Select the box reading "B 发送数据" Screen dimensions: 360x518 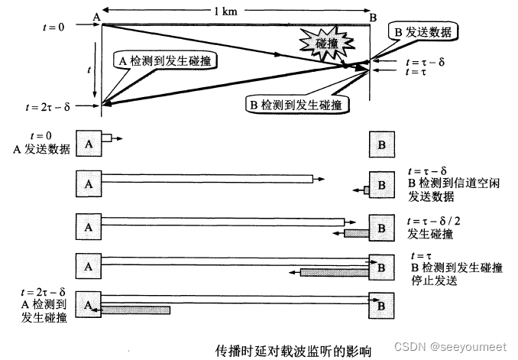click(422, 32)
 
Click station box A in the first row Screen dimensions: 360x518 click(89, 143)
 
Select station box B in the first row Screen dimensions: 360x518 click(380, 143)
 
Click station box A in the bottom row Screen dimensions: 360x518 click(89, 303)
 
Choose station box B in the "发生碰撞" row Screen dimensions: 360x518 click(380, 227)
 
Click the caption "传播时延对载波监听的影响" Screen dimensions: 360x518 click(294, 350)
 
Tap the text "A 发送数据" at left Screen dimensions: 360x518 click(43, 150)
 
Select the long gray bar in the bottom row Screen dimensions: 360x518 click(136, 310)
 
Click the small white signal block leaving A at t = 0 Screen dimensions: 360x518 click(107, 138)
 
